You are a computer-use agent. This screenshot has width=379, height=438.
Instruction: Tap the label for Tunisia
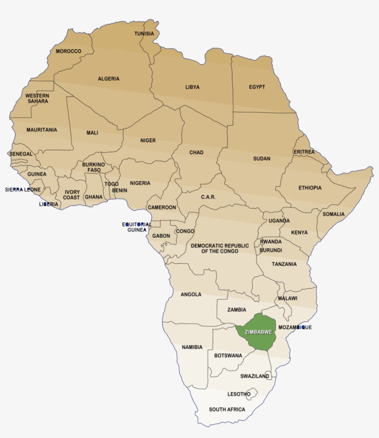coord(144,34)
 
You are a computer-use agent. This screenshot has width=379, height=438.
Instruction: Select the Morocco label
coord(68,51)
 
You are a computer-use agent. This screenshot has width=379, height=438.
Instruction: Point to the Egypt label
coord(257,87)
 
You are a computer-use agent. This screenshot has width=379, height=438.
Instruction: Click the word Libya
coord(192,87)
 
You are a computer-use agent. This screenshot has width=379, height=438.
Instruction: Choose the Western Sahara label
coord(37,98)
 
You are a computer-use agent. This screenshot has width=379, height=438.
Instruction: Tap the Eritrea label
coord(304,152)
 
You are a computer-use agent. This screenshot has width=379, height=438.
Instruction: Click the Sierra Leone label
coord(23,189)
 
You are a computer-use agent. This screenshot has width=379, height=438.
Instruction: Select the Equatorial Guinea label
coord(137,227)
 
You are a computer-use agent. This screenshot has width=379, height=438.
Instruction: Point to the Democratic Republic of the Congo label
coord(220,249)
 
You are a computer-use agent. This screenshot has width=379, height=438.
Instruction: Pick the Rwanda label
coord(270,242)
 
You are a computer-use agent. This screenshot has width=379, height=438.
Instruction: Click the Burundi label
coord(270,250)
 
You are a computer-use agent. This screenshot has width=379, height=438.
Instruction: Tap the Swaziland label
coord(255,376)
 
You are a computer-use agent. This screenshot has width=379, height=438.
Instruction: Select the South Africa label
coord(227,409)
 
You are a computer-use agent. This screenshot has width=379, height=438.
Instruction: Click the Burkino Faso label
coord(93,167)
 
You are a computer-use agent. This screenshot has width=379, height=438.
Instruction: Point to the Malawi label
coord(287,298)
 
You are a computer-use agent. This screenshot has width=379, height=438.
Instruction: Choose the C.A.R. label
coord(208,197)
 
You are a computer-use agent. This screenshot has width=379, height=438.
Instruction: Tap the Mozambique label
coord(295,327)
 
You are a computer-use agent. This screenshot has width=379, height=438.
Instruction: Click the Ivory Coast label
coord(72,195)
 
